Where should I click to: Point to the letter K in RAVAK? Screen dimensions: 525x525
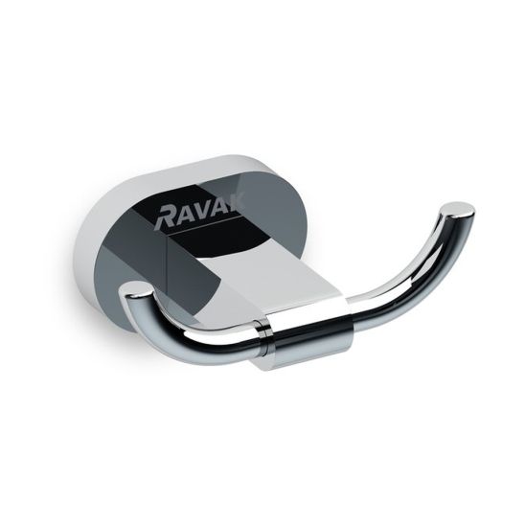pos(237,203)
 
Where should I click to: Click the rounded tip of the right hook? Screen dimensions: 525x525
pos(457,209)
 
